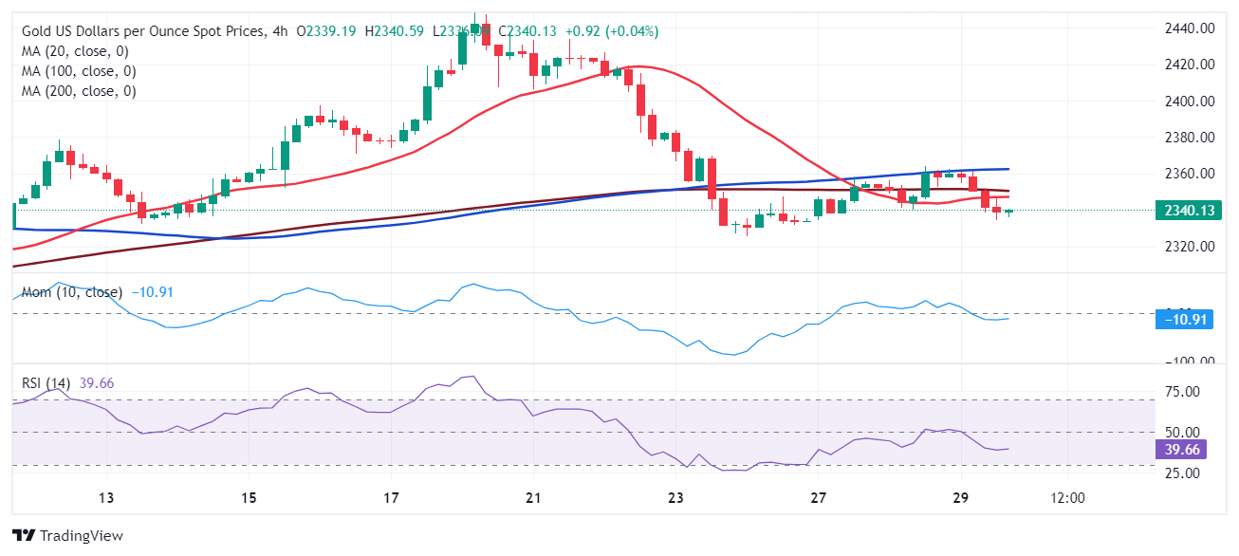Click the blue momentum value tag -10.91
point(1185,320)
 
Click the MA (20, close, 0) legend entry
point(75,51)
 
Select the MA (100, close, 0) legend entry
point(79,71)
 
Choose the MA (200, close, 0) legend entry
point(79,91)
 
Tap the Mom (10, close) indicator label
point(71,292)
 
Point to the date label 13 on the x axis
point(106,498)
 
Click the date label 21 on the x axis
point(533,498)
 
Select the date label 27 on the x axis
point(819,498)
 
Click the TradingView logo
point(67,535)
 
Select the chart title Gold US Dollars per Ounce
point(142,31)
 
